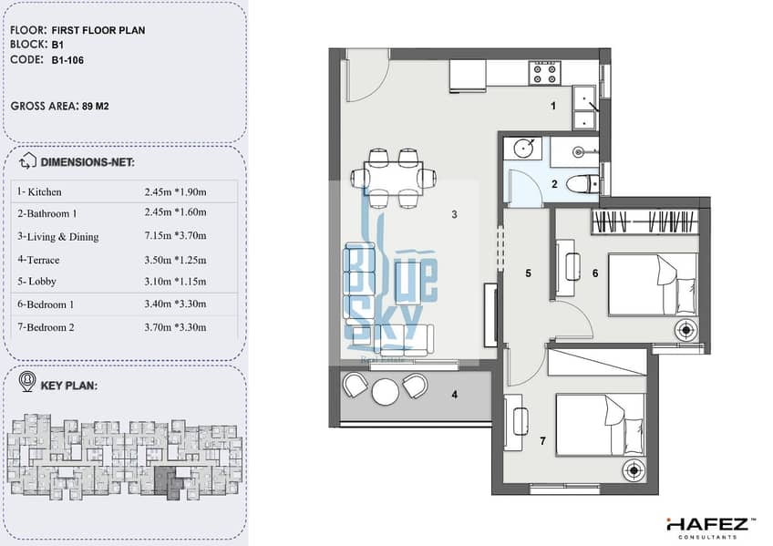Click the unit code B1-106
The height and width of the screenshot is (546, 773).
[67, 60]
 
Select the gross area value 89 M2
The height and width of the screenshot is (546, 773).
[96, 106]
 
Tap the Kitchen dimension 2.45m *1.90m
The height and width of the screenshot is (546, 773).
[176, 191]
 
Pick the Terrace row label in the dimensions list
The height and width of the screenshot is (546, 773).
[38, 260]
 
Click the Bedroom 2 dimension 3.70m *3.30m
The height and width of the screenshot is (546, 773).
[176, 326]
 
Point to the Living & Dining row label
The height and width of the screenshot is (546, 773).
[58, 236]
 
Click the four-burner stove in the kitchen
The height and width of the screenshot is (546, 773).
[545, 73]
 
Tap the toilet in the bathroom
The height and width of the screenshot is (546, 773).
[582, 184]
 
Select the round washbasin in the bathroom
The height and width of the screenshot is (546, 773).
[522, 148]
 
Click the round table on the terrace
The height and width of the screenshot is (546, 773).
[386, 392]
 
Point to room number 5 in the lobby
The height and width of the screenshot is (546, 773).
[529, 273]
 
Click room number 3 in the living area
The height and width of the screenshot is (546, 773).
[455, 214]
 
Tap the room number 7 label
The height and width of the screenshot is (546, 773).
[542, 441]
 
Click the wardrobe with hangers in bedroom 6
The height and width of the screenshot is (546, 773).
[645, 221]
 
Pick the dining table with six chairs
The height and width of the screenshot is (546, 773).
[394, 178]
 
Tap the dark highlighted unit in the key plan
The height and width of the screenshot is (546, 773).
[169, 480]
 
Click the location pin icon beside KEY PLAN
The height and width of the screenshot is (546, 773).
[27, 381]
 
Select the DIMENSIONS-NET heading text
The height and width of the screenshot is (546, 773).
[88, 162]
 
